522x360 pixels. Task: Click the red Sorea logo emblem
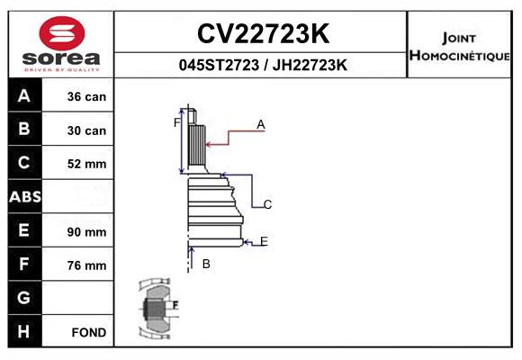click(x=62, y=33)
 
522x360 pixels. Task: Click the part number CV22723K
click(x=263, y=33)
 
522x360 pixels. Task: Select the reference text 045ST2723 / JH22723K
click(x=263, y=65)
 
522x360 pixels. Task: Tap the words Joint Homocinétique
click(x=459, y=47)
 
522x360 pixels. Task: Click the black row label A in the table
click(x=24, y=95)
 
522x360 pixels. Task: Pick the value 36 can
click(x=86, y=96)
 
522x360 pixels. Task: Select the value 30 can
click(x=86, y=130)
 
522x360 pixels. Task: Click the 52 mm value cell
click(x=86, y=164)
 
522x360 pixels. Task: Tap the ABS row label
click(x=25, y=196)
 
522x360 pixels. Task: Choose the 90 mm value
click(x=86, y=232)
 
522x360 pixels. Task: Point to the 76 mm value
click(x=86, y=265)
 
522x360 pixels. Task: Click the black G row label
click(x=24, y=297)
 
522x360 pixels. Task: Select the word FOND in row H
click(x=89, y=332)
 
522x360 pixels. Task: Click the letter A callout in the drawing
click(x=261, y=124)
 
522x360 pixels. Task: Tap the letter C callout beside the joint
click(x=267, y=204)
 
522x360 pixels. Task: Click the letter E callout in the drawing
click(x=264, y=241)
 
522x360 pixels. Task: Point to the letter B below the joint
click(x=206, y=264)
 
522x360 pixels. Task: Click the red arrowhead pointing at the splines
click(x=209, y=145)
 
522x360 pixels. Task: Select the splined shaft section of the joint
click(x=197, y=146)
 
